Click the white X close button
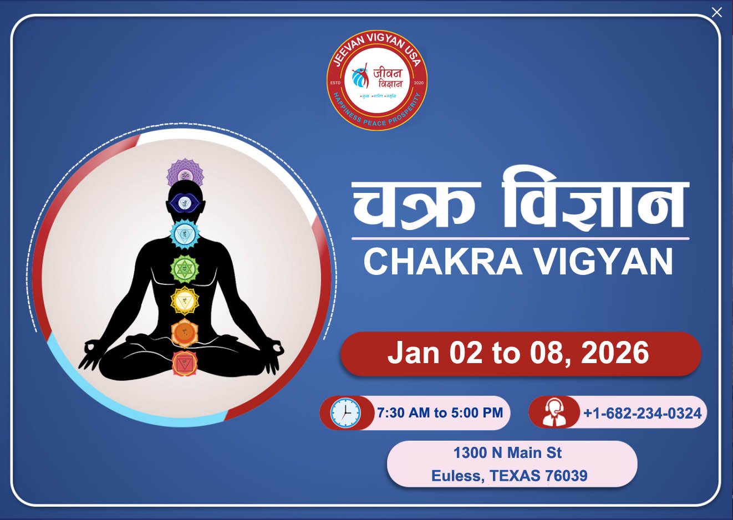(717, 12)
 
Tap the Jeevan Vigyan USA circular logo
(377, 80)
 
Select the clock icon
(345, 413)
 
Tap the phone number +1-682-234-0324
(642, 413)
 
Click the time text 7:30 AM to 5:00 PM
(440, 413)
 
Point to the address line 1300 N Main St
(507, 453)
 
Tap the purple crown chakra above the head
(185, 173)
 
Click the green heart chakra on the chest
(185, 269)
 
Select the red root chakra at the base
(185, 364)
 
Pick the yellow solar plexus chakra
(185, 301)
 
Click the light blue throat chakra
(185, 234)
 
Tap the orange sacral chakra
(185, 333)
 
